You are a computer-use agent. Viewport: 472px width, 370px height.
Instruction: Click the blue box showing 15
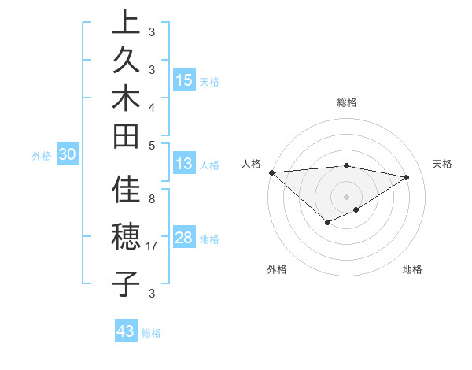point(184,80)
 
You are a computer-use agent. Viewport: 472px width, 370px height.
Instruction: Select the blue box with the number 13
point(183,165)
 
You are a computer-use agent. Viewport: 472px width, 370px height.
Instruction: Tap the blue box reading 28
point(184,238)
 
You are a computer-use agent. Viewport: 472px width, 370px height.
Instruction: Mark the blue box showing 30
point(68,155)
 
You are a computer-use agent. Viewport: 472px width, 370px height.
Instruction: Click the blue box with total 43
point(126,331)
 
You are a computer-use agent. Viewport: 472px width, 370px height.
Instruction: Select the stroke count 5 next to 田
point(152,145)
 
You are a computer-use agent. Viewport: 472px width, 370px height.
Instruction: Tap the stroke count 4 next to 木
point(152,106)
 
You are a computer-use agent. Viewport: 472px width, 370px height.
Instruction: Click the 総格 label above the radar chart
point(347,102)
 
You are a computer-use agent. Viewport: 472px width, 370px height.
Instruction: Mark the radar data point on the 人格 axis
point(271,172)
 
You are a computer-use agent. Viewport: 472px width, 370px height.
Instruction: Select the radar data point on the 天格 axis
point(407,177)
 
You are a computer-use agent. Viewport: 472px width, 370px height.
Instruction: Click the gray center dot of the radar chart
point(347,196)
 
